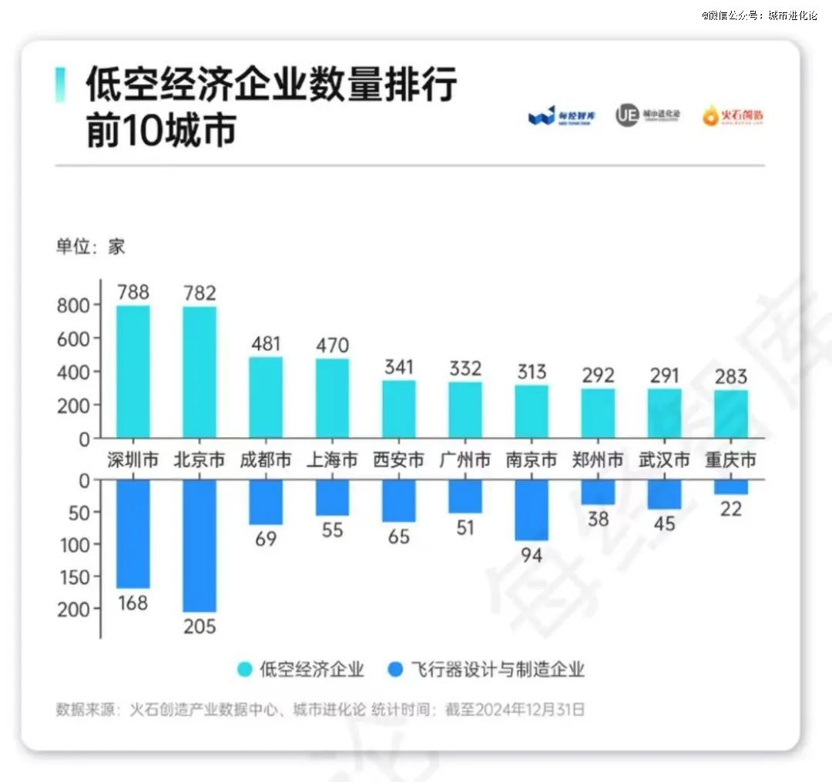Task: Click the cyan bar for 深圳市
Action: tap(133, 372)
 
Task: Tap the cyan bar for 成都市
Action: tap(266, 397)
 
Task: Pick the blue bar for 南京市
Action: tap(532, 510)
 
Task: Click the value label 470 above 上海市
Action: tap(332, 344)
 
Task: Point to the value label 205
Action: tap(200, 626)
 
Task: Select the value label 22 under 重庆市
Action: tap(731, 508)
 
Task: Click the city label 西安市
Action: tap(398, 460)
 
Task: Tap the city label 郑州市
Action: tap(598, 460)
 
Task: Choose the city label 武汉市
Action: tap(664, 460)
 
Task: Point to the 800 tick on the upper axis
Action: tap(74, 305)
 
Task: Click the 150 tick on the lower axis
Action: tap(74, 576)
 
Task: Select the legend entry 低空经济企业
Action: tap(301, 669)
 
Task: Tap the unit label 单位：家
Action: tap(90, 247)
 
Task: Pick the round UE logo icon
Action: tap(627, 115)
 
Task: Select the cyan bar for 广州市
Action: tap(465, 410)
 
